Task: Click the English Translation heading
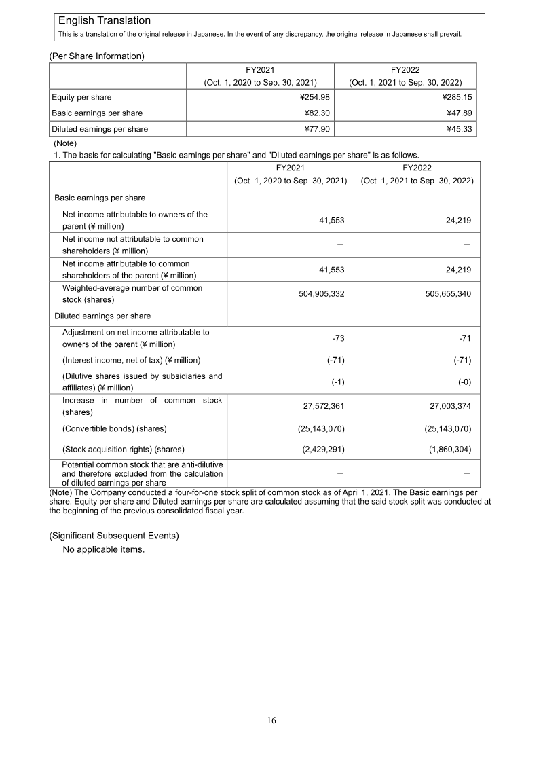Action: coord(105,21)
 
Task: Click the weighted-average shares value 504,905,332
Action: coord(313,294)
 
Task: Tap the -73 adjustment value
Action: coord(338,338)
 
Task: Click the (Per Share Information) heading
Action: coord(96,56)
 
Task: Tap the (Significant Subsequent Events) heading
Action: coord(114,536)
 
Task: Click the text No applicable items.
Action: coord(103,549)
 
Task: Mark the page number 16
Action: coord(271,721)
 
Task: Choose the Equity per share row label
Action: coord(81,97)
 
